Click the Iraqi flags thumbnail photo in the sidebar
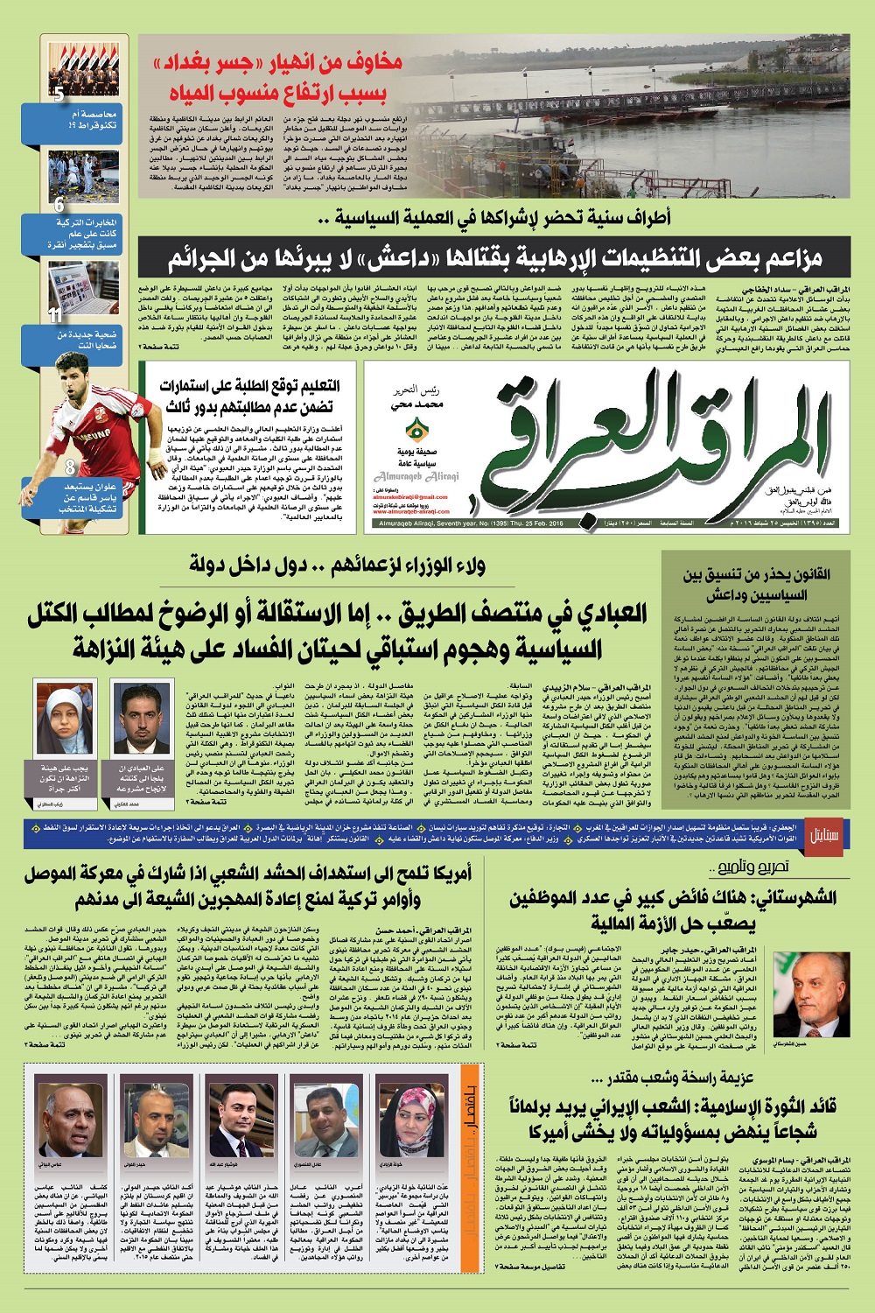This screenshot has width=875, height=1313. pyautogui.click(x=84, y=69)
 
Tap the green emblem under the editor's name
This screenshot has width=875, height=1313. pyautogui.click(x=415, y=431)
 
